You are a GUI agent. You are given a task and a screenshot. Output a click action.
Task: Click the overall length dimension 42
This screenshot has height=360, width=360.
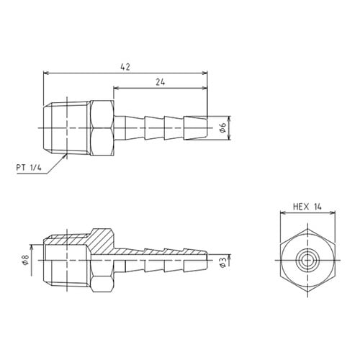point(125,67)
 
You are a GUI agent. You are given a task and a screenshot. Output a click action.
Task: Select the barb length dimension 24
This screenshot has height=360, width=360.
point(161,82)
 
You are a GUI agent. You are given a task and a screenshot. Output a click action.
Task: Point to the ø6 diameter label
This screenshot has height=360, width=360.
point(222,127)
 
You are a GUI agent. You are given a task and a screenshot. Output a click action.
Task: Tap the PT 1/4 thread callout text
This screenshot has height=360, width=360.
point(29,168)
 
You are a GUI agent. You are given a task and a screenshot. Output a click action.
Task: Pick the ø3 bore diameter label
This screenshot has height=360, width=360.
point(222,262)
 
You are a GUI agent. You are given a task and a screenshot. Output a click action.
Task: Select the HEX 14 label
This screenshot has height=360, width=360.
point(307,207)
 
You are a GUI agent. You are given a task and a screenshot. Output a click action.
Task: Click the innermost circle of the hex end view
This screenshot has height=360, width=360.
point(307,260)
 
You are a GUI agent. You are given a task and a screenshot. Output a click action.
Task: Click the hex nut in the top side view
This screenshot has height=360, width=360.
point(102,128)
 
